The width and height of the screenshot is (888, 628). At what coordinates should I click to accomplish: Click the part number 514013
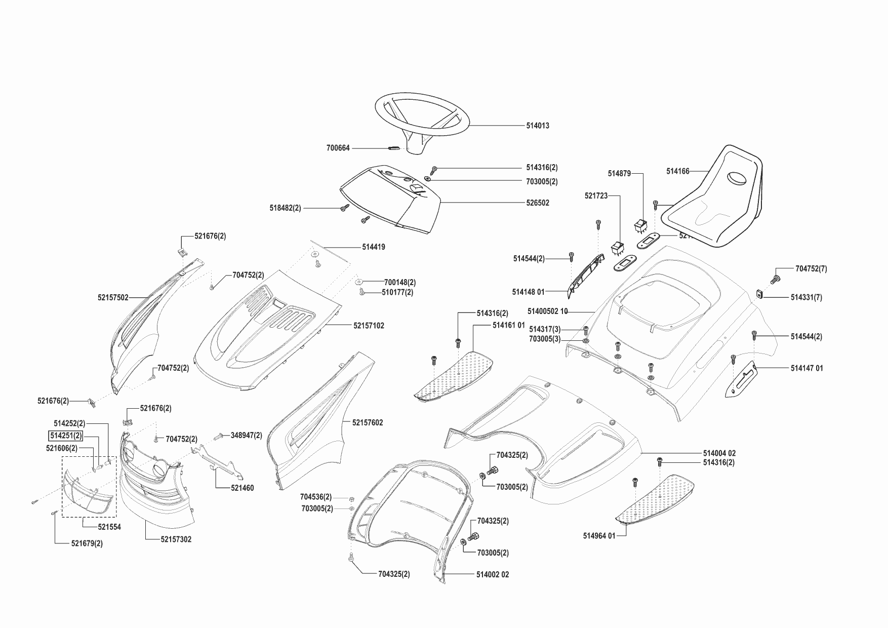(x=537, y=126)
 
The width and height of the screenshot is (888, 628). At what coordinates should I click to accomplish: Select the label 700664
(x=338, y=148)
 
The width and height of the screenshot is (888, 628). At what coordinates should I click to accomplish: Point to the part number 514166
(x=677, y=172)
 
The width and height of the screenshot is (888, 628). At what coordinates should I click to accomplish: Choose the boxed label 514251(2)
(x=65, y=436)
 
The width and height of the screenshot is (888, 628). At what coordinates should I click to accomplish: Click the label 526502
(x=537, y=203)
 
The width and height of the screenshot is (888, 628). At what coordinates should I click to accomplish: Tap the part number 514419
(x=373, y=247)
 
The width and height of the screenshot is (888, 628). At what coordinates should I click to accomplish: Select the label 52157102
(x=369, y=326)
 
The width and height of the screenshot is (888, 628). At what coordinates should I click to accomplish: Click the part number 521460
(x=242, y=488)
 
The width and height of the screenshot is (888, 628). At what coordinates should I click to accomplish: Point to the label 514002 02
(x=492, y=574)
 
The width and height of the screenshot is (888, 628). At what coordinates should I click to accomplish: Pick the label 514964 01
(x=599, y=536)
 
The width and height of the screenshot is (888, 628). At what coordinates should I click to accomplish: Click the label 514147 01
(x=806, y=368)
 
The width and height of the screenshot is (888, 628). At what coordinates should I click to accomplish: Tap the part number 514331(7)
(x=806, y=298)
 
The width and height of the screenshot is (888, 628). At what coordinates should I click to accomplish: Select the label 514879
(x=619, y=174)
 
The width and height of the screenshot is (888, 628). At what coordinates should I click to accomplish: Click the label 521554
(x=109, y=527)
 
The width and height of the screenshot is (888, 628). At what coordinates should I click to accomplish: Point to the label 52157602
(x=368, y=422)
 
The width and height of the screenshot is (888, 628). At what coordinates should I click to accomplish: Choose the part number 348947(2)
(x=246, y=435)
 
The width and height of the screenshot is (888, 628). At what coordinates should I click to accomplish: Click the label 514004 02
(x=719, y=453)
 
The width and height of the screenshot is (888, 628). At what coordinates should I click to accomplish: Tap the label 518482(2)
(x=285, y=208)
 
